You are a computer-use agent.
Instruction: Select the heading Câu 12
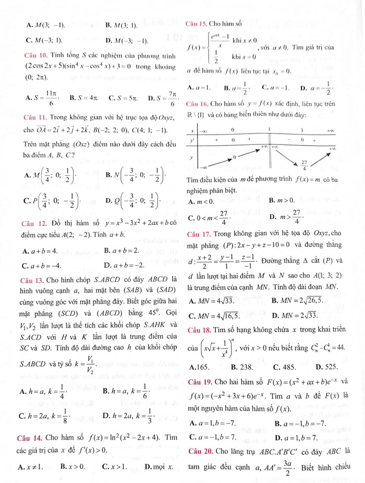pos(30,224)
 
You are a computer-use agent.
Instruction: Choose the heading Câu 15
pos(196,24)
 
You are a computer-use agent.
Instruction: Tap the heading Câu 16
pos(196,103)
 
